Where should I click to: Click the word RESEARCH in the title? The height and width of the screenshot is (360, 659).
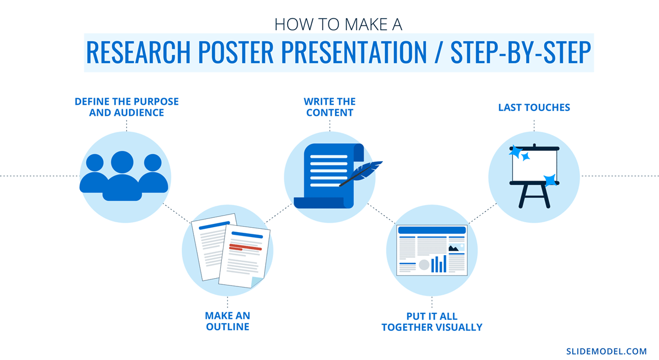[x=138, y=52]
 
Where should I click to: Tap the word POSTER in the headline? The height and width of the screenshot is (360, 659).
[x=236, y=52]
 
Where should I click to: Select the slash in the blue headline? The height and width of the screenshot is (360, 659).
[x=438, y=52]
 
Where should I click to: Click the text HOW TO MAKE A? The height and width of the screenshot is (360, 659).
[x=338, y=24]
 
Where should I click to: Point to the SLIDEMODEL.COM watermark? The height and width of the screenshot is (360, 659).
[x=606, y=351]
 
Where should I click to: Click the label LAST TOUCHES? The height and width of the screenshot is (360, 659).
[x=534, y=108]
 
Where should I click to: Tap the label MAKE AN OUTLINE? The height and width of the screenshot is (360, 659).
[x=227, y=321]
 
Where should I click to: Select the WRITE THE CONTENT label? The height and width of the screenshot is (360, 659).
[x=329, y=107]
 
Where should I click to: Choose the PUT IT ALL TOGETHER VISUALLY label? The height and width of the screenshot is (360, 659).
[x=432, y=322]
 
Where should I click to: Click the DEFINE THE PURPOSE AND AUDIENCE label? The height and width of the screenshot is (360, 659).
[x=126, y=107]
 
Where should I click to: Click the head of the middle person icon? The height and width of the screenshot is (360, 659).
[x=122, y=162]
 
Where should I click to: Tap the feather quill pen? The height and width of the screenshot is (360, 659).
[x=361, y=173]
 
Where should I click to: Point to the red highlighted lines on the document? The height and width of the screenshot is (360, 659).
[x=245, y=248]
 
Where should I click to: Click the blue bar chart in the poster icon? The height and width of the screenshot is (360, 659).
[x=439, y=264]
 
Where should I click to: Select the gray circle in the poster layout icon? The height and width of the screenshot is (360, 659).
[x=424, y=265]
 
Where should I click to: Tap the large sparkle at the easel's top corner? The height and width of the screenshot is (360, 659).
[x=516, y=151]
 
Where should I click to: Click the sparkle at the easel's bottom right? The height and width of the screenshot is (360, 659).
[x=550, y=180]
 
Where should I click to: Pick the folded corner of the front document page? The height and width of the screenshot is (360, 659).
[x=256, y=282]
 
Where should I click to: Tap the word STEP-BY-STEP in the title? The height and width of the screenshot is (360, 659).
[x=521, y=52]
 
